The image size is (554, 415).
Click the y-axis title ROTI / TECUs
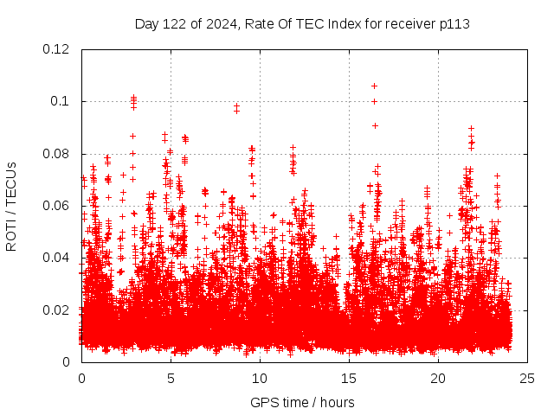pyautogui.click(x=11, y=206)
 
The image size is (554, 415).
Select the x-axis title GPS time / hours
pyautogui.click(x=302, y=402)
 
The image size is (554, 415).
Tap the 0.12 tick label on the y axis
pyautogui.click(x=57, y=49)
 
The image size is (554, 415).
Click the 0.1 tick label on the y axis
pyautogui.click(x=61, y=101)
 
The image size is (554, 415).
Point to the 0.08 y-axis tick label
pyautogui.click(x=57, y=154)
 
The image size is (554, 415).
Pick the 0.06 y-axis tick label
pyautogui.click(x=57, y=206)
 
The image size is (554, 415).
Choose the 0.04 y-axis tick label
pyautogui.click(x=57, y=258)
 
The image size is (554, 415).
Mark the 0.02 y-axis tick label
pyautogui.click(x=57, y=310)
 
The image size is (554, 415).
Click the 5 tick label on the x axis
pyautogui.click(x=171, y=378)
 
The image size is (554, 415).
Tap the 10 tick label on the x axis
pyautogui.click(x=260, y=378)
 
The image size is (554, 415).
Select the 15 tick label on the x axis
pyautogui.click(x=349, y=378)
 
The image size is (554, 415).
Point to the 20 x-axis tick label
pyautogui.click(x=438, y=378)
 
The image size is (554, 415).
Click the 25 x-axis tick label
pyautogui.click(x=527, y=378)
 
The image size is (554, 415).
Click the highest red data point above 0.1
pyautogui.click(x=374, y=86)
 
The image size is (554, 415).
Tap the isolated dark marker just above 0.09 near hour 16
pyautogui.click(x=375, y=125)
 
